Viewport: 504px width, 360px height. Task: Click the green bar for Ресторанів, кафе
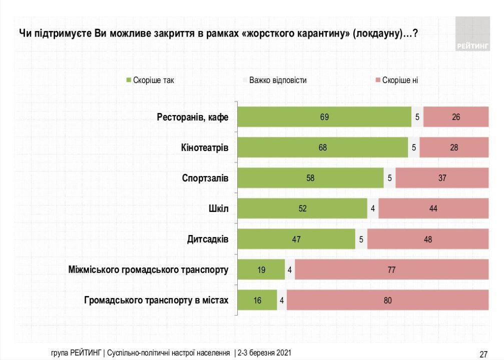324,117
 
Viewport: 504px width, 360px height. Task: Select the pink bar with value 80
387,300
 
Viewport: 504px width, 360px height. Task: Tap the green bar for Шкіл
302,208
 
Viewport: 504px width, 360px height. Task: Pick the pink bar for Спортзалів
441,178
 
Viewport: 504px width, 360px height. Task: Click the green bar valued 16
257,300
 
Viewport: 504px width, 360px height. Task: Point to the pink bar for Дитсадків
427,239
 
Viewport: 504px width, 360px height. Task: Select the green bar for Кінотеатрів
322,147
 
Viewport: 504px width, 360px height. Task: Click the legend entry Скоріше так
153,80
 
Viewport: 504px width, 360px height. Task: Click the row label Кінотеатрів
205,148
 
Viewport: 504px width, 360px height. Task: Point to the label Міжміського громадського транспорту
148,270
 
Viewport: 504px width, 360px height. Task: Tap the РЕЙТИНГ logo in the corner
472,34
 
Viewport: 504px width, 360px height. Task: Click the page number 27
483,354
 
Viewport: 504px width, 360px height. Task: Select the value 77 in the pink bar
391,270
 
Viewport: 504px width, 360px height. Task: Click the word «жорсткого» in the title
267,34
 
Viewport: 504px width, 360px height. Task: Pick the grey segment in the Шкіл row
373,208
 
